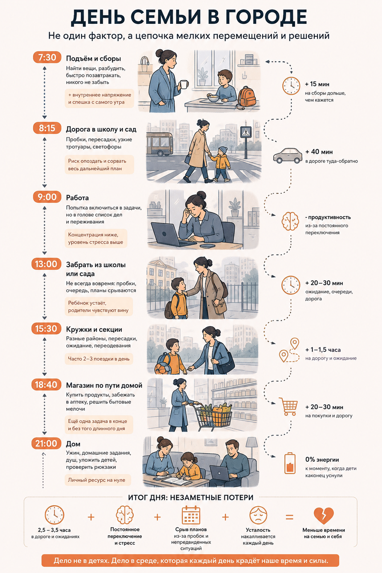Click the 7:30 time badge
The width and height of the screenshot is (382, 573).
pos(47,57)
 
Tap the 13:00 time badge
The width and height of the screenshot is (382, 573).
pos(46,264)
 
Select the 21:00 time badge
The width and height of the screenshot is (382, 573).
pos(46,443)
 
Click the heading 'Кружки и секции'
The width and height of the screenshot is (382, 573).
pos(94,329)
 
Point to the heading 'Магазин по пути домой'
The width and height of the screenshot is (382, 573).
pos(104,385)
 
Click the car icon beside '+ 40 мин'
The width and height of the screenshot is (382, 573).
pos(287,155)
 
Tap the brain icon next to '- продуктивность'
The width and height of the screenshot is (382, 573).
pos(290,221)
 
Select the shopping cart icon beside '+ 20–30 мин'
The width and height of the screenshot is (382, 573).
pos(288,406)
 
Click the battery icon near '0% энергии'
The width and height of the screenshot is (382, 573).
pos(290,463)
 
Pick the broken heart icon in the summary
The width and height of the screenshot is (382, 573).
pos(324,515)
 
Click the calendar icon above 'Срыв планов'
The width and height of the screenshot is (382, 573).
pos(191,515)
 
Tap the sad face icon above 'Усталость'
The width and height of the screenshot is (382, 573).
pos(258,515)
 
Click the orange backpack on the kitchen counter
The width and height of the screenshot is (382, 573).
pos(247,96)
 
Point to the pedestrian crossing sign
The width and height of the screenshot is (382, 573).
pos(245,132)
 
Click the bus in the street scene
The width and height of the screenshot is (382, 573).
pos(159,144)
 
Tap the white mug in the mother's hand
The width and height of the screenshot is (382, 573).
pos(184,84)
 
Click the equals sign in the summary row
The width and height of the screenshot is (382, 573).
pos(289,517)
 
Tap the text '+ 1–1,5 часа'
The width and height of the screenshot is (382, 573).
pos(323,350)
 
